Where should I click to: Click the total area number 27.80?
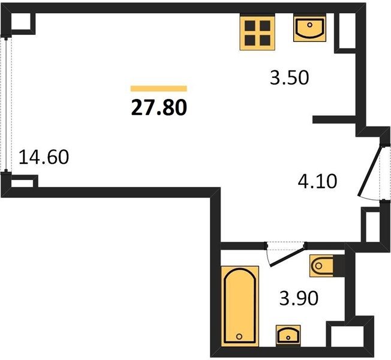159,108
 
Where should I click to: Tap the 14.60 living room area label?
44,157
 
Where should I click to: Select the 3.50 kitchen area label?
290,77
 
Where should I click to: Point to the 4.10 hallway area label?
317,181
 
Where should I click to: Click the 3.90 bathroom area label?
299,298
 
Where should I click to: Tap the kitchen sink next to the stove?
309,29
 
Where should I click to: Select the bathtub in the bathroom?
240,306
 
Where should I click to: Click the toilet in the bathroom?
321,266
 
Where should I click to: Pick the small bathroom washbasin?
288,335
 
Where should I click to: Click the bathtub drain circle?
239,337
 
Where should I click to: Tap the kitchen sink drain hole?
309,25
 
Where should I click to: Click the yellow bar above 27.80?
159,89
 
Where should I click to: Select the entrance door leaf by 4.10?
369,171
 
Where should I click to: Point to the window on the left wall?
6,104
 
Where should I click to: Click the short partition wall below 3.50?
334,120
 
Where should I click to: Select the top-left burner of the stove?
250,25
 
